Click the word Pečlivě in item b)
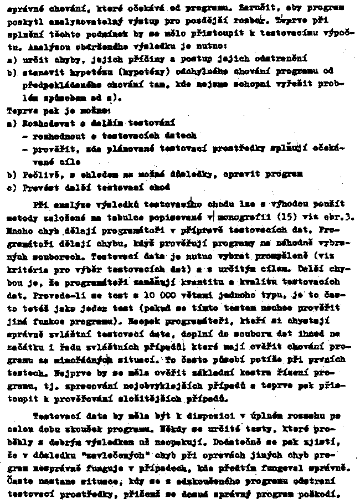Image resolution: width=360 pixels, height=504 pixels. point(42,173)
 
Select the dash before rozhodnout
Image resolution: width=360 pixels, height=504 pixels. point(25,135)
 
